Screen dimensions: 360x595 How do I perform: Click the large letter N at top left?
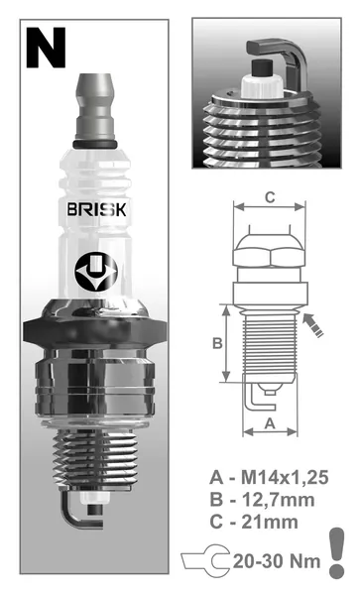click(46, 49)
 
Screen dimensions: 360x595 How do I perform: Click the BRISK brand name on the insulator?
click(96, 209)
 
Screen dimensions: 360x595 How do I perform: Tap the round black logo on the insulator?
click(96, 272)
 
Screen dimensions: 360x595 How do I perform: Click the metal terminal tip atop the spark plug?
click(95, 107)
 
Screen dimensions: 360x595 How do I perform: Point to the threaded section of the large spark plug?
click(95, 458)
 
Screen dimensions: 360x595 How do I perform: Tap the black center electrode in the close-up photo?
click(262, 67)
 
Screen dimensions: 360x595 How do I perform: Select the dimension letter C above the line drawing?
click(270, 197)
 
